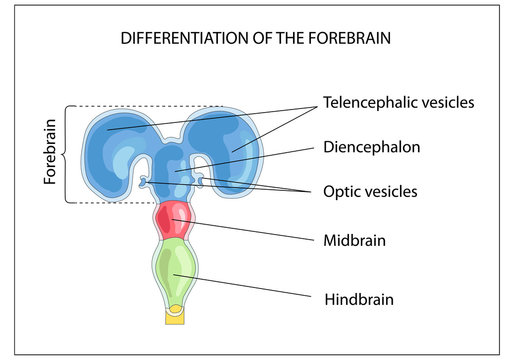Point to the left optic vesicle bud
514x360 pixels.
[x=146, y=181]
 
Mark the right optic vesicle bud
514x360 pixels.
[x=204, y=181]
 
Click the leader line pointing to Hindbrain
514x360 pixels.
[x=250, y=285]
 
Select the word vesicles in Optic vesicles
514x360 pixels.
[x=393, y=190]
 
